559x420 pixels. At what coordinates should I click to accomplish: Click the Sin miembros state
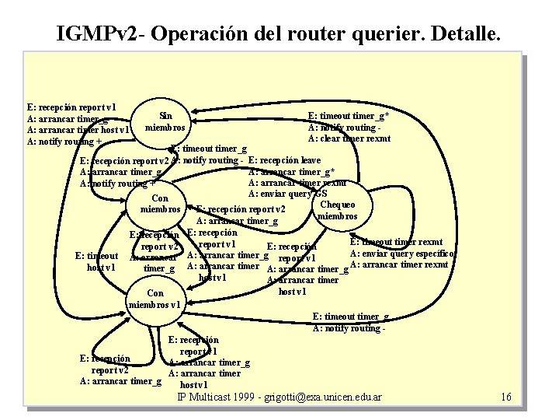pyautogui.click(x=165, y=121)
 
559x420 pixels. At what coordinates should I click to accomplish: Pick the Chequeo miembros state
pyautogui.click(x=337, y=210)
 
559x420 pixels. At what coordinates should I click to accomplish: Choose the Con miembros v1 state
pyautogui.click(x=155, y=299)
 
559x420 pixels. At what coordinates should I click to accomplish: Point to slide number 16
pyautogui.click(x=506, y=397)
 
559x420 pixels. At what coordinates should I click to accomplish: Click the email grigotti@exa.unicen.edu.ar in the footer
pyautogui.click(x=316, y=397)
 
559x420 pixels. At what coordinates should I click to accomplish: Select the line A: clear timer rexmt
pyautogui.click(x=349, y=139)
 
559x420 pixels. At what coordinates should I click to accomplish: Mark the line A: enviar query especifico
pyautogui.click(x=402, y=254)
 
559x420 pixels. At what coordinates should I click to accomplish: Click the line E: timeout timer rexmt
pyautogui.click(x=397, y=243)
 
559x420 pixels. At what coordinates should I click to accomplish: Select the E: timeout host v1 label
pyautogui.click(x=96, y=261)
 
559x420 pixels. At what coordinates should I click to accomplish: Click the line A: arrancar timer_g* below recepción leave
pyautogui.click(x=292, y=171)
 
